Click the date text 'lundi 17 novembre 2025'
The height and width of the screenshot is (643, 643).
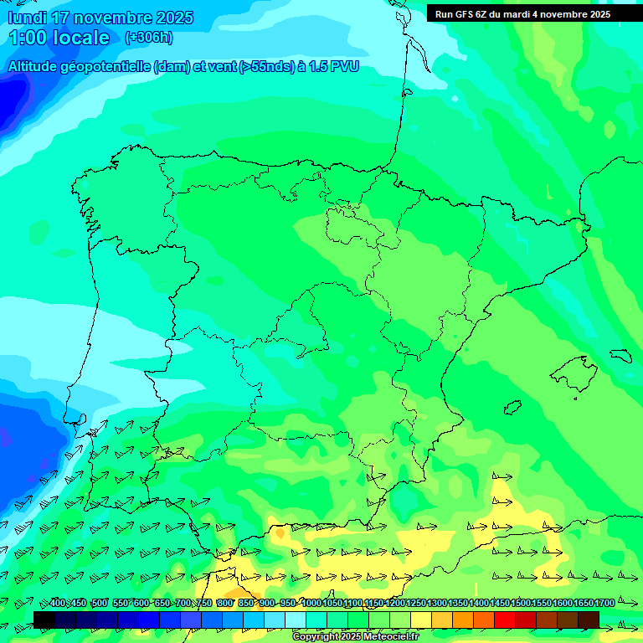(100, 18)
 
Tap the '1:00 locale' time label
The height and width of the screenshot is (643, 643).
(59, 38)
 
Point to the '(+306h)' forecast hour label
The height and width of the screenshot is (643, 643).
(148, 38)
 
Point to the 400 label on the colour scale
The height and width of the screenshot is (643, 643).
(58, 604)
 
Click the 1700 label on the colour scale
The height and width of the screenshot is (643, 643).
(604, 604)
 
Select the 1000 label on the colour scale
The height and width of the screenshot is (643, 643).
(311, 604)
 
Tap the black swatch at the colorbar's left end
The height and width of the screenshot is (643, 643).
(44, 619)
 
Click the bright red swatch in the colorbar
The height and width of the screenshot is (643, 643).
(505, 619)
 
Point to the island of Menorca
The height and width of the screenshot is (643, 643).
(620, 356)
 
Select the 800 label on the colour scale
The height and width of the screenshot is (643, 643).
(225, 604)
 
